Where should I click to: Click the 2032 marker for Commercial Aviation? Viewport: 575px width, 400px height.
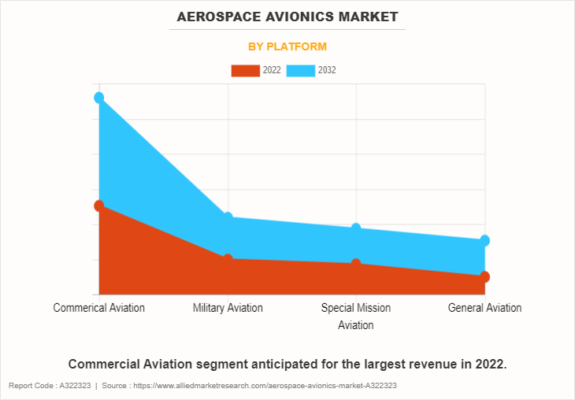tap(99, 98)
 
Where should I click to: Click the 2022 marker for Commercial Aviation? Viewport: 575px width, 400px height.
tap(99, 206)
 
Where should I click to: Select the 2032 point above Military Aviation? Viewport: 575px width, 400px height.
tap(228, 217)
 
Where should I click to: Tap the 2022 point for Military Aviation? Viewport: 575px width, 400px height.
tap(228, 259)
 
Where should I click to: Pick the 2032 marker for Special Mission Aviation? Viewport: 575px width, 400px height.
tap(356, 228)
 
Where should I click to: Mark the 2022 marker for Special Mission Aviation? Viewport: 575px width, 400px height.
tap(356, 264)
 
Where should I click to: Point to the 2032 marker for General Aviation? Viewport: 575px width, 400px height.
tap(485, 240)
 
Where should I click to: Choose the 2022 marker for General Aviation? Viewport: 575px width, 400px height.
tap(485, 276)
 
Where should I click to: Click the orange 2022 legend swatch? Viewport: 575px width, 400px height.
tap(245, 71)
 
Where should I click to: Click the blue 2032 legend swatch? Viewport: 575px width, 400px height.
tap(300, 71)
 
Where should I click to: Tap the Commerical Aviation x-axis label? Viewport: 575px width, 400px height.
tap(99, 308)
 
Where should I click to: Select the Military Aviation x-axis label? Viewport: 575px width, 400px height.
tap(228, 308)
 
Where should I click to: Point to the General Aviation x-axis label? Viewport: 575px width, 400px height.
tap(484, 308)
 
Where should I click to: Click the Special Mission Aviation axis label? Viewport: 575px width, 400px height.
tap(356, 316)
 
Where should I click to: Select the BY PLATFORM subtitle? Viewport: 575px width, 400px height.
tap(287, 46)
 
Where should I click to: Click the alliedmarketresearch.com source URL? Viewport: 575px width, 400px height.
tap(265, 386)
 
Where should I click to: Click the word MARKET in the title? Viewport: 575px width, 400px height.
tap(369, 17)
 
